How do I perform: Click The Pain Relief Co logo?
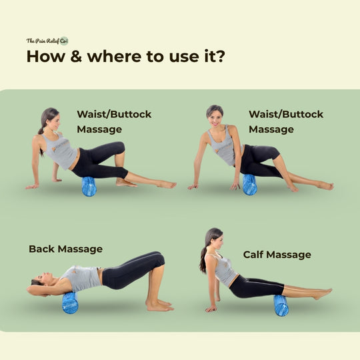(x=47, y=41)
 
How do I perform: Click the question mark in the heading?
(x=221, y=56)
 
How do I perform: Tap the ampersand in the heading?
(x=76, y=56)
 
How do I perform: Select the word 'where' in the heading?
(x=114, y=56)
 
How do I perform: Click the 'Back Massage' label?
(x=65, y=249)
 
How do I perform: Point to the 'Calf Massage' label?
(x=277, y=255)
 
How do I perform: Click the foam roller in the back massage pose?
(x=70, y=303)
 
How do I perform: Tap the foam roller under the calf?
(x=281, y=305)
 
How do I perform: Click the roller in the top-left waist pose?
(x=89, y=187)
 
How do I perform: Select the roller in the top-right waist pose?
(x=249, y=185)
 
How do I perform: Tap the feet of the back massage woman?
(x=159, y=305)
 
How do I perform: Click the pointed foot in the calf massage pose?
(x=323, y=293)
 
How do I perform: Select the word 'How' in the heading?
(x=46, y=56)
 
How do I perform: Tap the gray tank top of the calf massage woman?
(x=223, y=269)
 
